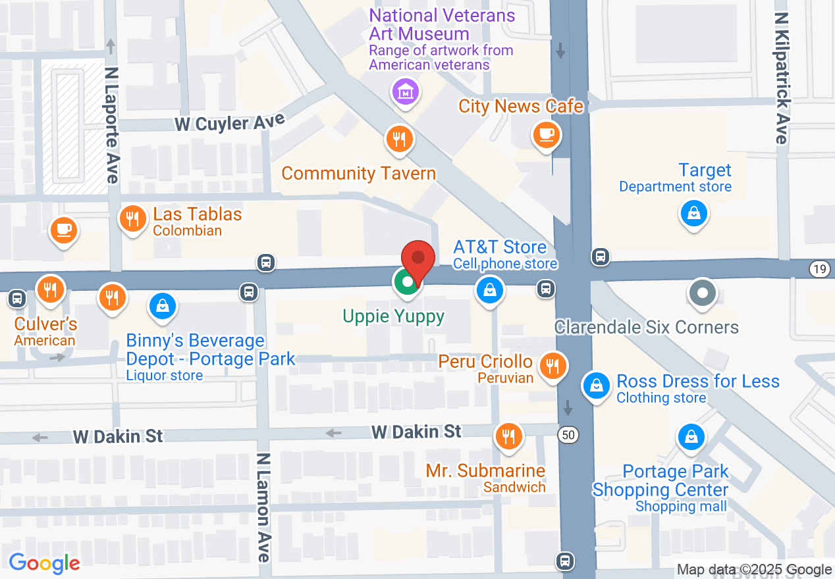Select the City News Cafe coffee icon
(546, 135)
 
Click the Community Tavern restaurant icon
(399, 139)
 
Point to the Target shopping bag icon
(693, 213)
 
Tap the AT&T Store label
(500, 247)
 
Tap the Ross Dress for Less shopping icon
(597, 385)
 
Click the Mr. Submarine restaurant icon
(508, 436)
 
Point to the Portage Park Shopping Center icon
(691, 436)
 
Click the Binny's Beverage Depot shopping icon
(162, 305)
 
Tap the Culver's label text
(46, 324)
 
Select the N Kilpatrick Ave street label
(782, 78)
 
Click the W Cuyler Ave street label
(230, 122)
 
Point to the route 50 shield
(568, 434)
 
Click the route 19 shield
(819, 268)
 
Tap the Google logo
(45, 563)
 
